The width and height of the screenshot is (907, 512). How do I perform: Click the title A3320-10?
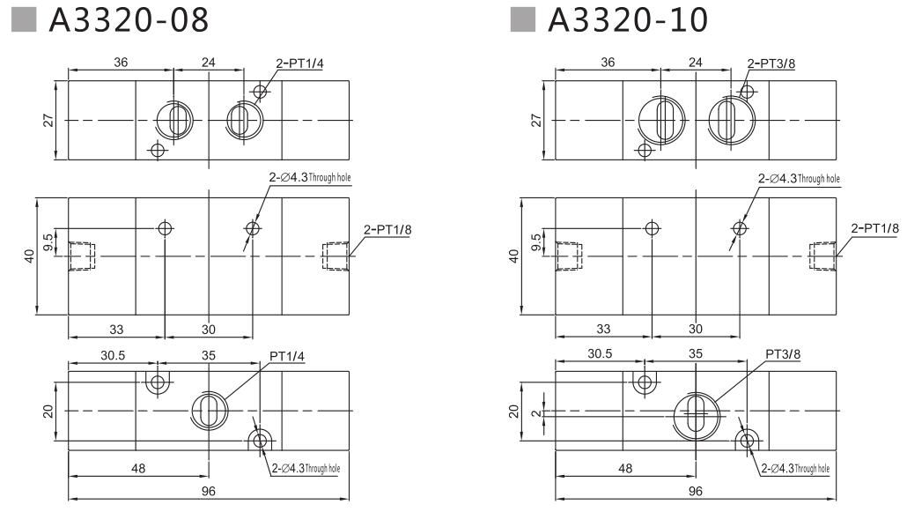(627, 19)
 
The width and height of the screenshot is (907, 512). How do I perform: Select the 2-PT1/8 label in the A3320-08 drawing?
(387, 230)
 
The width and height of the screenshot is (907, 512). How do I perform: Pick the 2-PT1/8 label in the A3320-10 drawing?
(874, 230)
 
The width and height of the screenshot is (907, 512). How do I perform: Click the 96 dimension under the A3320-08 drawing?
(209, 491)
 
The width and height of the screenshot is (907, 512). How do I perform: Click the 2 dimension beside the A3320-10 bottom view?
(535, 412)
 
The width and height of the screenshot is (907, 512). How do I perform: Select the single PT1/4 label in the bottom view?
(288, 356)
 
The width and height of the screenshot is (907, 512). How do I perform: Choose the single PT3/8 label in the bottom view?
(783, 354)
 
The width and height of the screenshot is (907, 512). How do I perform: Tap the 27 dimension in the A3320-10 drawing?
(535, 120)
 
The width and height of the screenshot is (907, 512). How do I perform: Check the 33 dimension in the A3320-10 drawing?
(603, 329)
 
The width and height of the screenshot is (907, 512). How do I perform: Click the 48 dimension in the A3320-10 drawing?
(625, 468)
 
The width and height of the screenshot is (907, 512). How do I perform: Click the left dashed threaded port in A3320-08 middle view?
(81, 256)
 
